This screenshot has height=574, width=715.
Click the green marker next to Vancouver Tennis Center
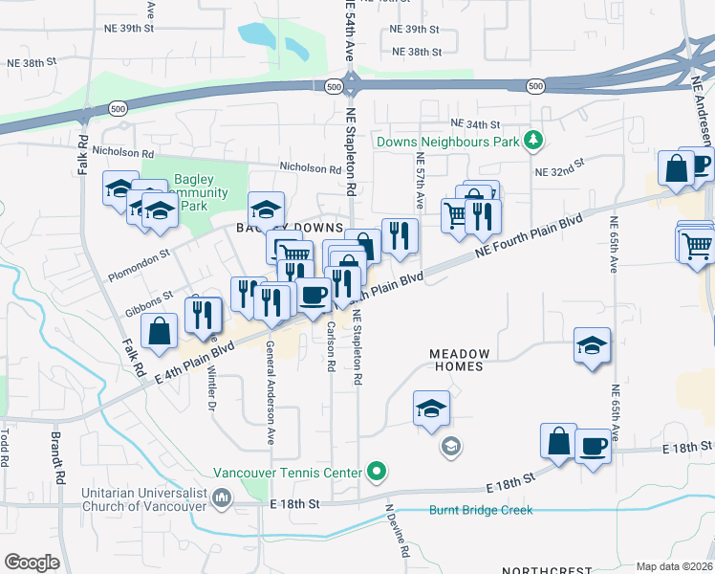[x=377, y=472]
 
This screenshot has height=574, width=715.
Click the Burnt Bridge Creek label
[x=481, y=510]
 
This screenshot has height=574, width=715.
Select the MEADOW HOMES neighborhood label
[x=458, y=360]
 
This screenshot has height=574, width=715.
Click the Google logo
[x=32, y=563]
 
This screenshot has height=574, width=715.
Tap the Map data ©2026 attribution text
[x=674, y=566]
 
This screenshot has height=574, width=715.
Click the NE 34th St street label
[x=475, y=124]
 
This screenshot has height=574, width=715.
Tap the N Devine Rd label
[x=397, y=532]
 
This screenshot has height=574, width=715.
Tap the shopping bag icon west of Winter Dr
[x=160, y=331]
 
